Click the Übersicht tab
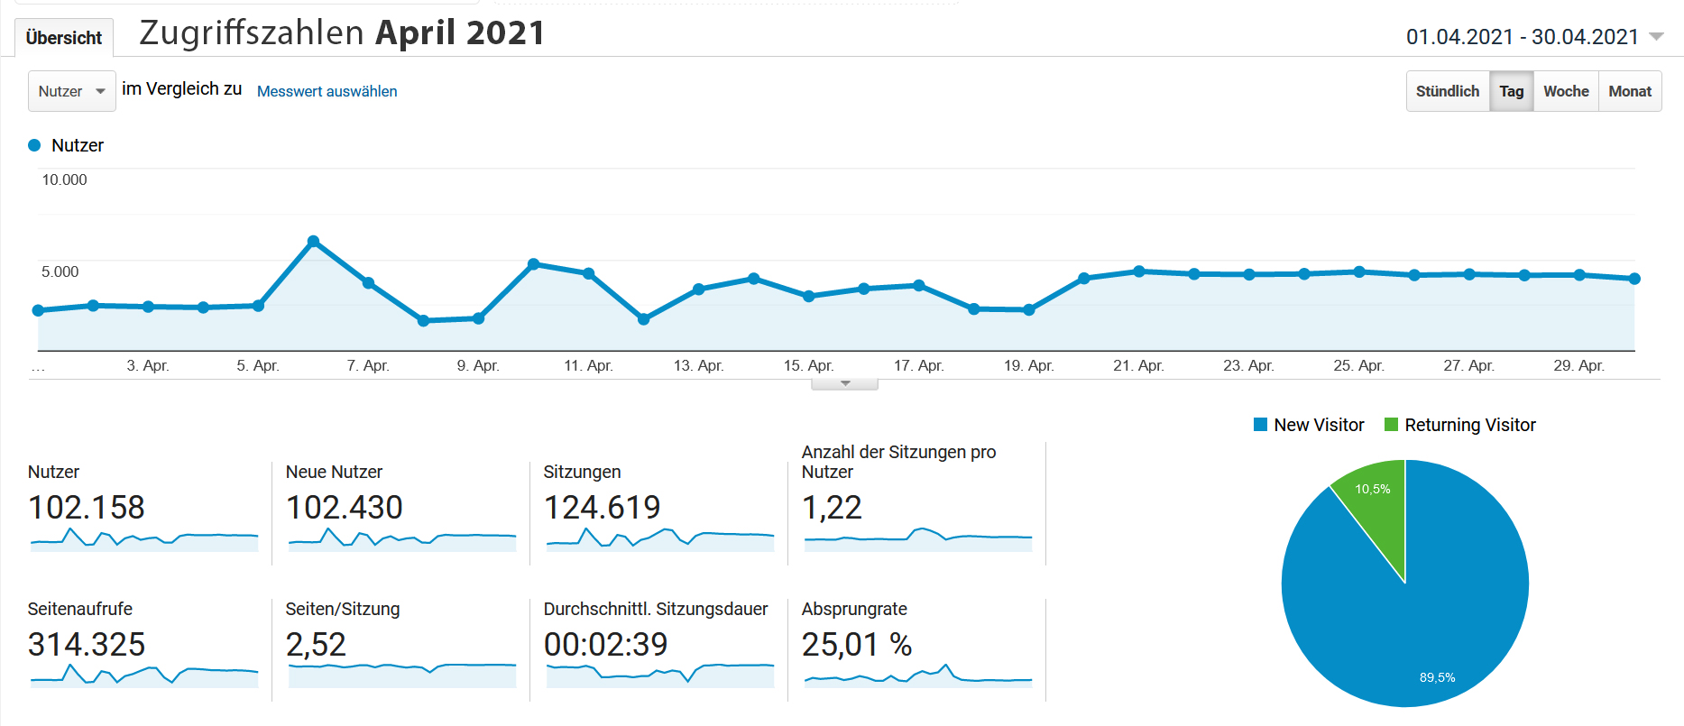(x=63, y=38)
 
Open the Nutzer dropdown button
(x=71, y=91)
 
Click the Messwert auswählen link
(x=327, y=91)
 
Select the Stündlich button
(x=1447, y=91)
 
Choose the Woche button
(x=1565, y=91)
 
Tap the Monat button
(x=1629, y=91)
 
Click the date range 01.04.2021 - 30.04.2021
(x=1523, y=37)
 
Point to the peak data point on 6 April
(x=313, y=241)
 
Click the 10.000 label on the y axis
(x=64, y=179)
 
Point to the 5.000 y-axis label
(x=60, y=271)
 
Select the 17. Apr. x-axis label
(x=918, y=365)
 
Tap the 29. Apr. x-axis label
(x=1578, y=365)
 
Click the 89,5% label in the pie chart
(x=1437, y=677)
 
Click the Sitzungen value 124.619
(x=602, y=508)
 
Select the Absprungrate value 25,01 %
(x=856, y=645)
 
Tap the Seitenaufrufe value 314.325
(x=87, y=645)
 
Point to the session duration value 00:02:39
(x=605, y=645)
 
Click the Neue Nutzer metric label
(x=334, y=472)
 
